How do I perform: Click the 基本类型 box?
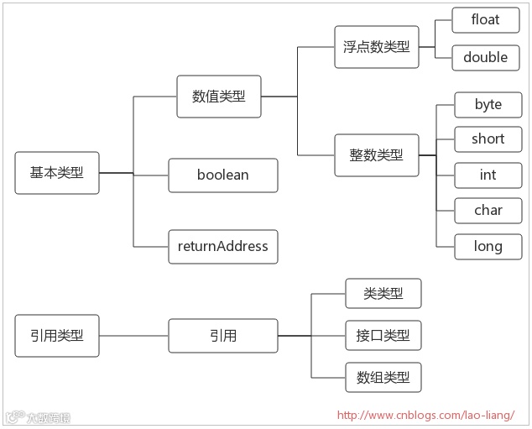click(x=57, y=173)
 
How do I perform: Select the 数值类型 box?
click(x=219, y=97)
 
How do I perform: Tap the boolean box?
click(x=223, y=175)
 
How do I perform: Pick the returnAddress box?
click(x=223, y=247)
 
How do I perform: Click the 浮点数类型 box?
click(x=377, y=47)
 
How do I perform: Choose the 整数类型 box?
click(x=377, y=155)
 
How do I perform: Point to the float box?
click(x=485, y=20)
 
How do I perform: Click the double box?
click(x=485, y=58)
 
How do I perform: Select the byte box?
click(x=488, y=105)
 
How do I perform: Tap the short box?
click(x=488, y=139)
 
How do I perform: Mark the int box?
click(x=488, y=175)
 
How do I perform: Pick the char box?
click(x=488, y=211)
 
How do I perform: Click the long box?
click(x=488, y=247)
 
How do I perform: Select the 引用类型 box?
click(x=57, y=336)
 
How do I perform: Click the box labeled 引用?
click(x=223, y=336)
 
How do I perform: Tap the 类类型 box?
click(x=383, y=294)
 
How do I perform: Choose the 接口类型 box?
click(x=383, y=336)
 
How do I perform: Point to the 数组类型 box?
click(x=383, y=378)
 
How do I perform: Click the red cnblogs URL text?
click(x=425, y=415)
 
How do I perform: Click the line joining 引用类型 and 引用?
click(x=133, y=336)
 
